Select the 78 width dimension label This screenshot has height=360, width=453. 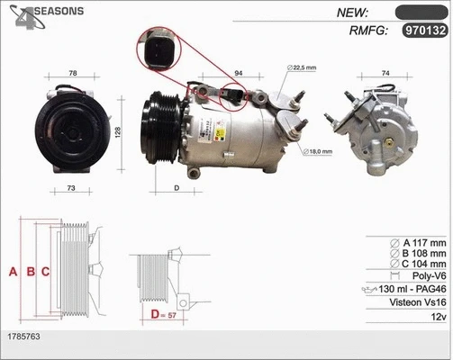tap(73, 73)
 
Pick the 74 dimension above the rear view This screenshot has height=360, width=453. tap(385, 73)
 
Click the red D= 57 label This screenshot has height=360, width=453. tap(162, 314)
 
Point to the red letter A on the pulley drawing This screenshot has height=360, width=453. tap(13, 271)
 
